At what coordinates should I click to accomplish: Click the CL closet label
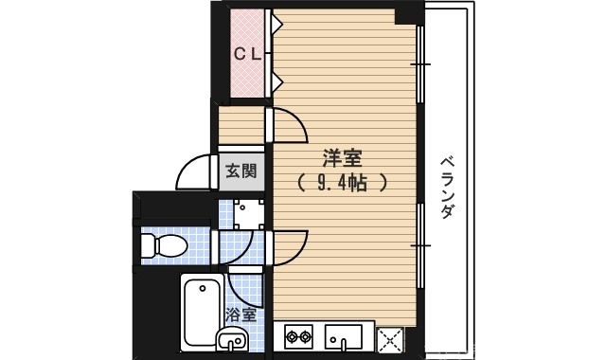pos(248,54)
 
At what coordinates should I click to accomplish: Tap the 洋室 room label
pos(340,156)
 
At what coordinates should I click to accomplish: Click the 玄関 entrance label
pos(241,171)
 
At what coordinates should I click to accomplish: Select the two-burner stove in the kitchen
pos(299,337)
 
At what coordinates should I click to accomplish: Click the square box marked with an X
pos(389,338)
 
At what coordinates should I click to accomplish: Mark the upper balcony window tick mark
pos(419,64)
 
